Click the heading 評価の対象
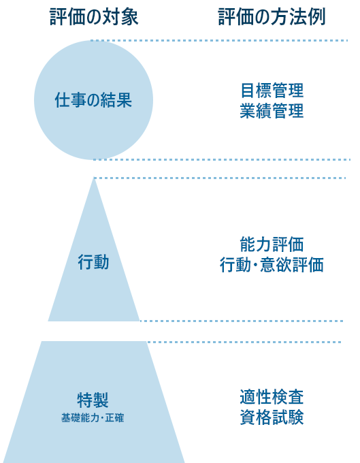coord(94,17)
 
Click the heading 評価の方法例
coord(272,17)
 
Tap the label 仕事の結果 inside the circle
coord(93,100)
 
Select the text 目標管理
coord(272,91)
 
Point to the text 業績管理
coord(272,111)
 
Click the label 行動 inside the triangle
coord(93,262)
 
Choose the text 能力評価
coord(272,244)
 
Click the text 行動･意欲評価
coord(272,265)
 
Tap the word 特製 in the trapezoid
coord(93,400)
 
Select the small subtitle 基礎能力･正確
coord(93,418)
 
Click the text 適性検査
coord(272,397)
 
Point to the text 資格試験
coord(272,417)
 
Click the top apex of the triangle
coord(94,178)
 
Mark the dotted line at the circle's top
coord(219,40)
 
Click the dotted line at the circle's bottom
coord(222,160)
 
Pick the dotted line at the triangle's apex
coord(220,178)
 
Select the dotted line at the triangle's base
coord(242,321)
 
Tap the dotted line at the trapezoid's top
coord(244,342)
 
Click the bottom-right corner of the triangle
coord(140,321)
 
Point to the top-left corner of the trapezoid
coord(42,341)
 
